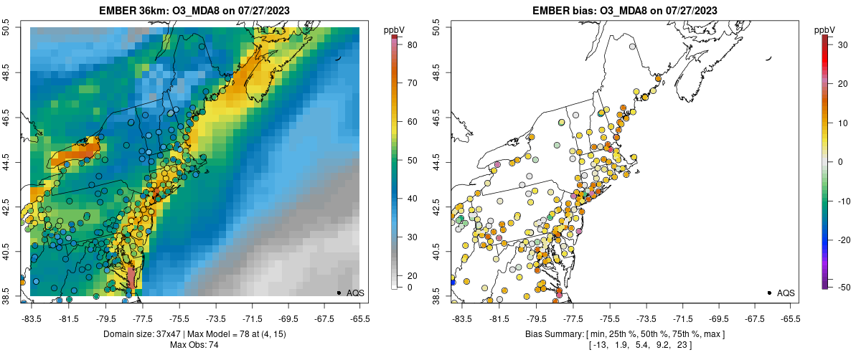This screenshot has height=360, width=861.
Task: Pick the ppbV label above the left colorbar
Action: tap(394, 29)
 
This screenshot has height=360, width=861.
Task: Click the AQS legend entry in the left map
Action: tap(355, 293)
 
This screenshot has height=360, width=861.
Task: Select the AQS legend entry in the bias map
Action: tap(786, 293)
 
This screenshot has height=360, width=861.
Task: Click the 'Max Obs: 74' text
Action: tap(194, 345)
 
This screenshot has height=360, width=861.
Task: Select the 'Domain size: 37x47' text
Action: tap(141, 334)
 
